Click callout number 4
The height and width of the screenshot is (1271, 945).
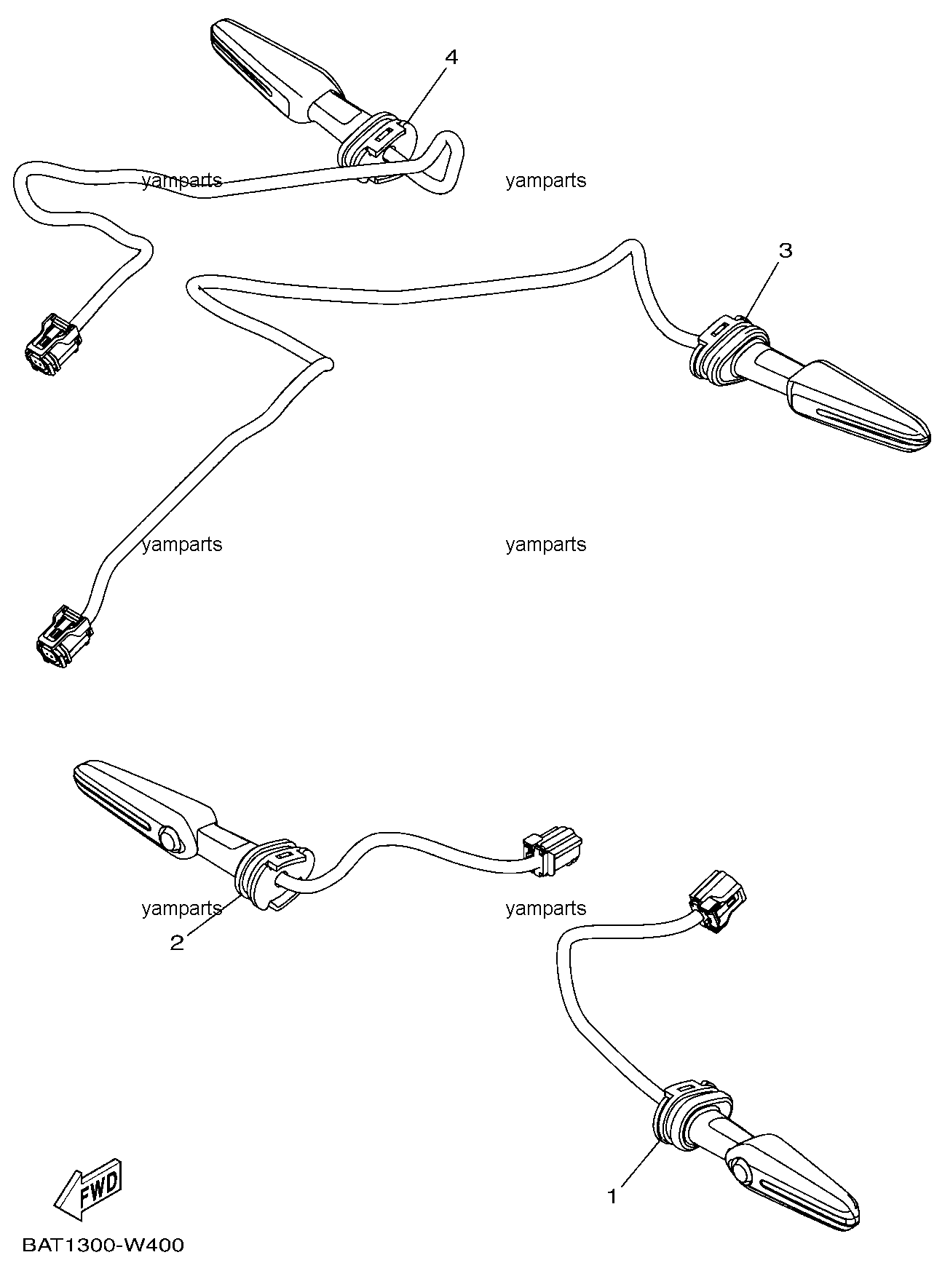(451, 58)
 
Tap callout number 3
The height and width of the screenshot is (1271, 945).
(785, 251)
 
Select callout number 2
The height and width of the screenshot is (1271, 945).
(177, 943)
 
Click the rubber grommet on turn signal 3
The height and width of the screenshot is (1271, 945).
(725, 350)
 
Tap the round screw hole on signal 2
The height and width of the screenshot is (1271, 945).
(170, 839)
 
